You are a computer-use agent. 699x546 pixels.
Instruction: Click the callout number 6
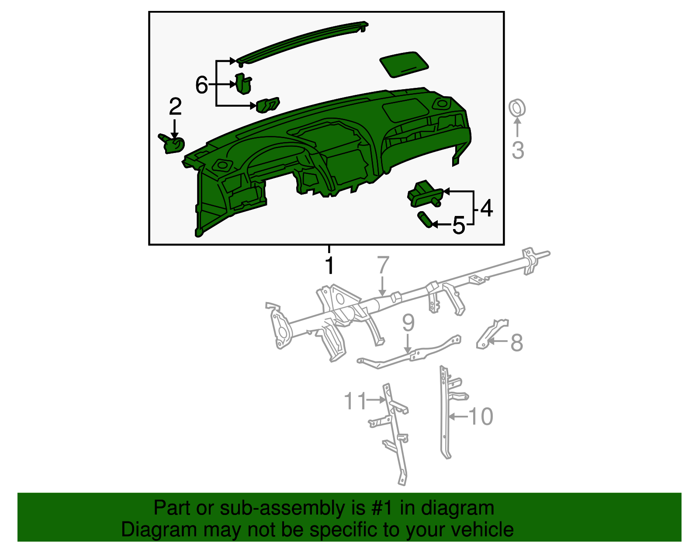click(x=201, y=85)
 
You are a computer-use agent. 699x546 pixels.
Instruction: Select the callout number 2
click(x=175, y=106)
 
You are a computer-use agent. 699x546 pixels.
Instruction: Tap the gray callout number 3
click(x=518, y=150)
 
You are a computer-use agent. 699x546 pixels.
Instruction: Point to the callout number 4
click(x=486, y=208)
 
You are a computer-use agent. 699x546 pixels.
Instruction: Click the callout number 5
click(x=458, y=226)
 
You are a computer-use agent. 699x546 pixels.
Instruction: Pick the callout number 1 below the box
click(x=329, y=266)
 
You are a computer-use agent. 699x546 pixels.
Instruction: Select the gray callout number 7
click(x=383, y=265)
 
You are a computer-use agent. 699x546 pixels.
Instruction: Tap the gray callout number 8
click(x=516, y=342)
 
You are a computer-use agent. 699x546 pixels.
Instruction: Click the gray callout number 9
click(x=408, y=323)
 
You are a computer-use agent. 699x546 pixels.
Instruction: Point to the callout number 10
click(x=481, y=417)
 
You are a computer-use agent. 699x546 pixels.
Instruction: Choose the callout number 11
click(x=355, y=400)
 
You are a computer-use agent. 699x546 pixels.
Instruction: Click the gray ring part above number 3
click(x=517, y=108)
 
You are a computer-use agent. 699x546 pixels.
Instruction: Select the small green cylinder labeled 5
click(x=425, y=219)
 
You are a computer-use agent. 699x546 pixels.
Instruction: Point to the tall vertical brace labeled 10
click(x=444, y=415)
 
